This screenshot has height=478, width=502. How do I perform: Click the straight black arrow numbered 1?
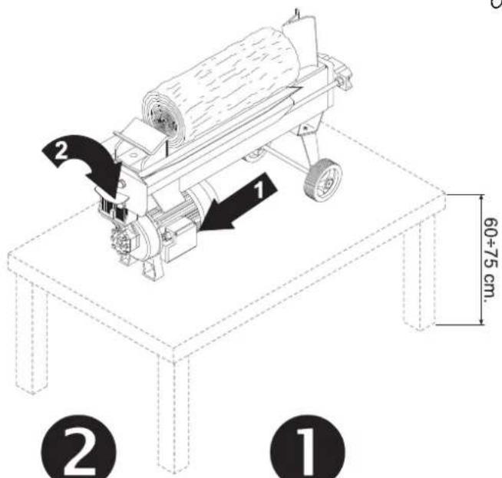click(239, 203)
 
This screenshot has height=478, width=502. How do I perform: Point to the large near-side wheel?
click(322, 180)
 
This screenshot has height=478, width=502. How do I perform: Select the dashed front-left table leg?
click(31, 336)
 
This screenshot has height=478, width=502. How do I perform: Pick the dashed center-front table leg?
click(173, 413)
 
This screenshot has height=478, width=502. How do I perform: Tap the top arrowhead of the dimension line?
click(481, 198)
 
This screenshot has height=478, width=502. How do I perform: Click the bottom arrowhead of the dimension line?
click(481, 321)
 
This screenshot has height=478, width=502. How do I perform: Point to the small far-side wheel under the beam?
click(254, 156)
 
